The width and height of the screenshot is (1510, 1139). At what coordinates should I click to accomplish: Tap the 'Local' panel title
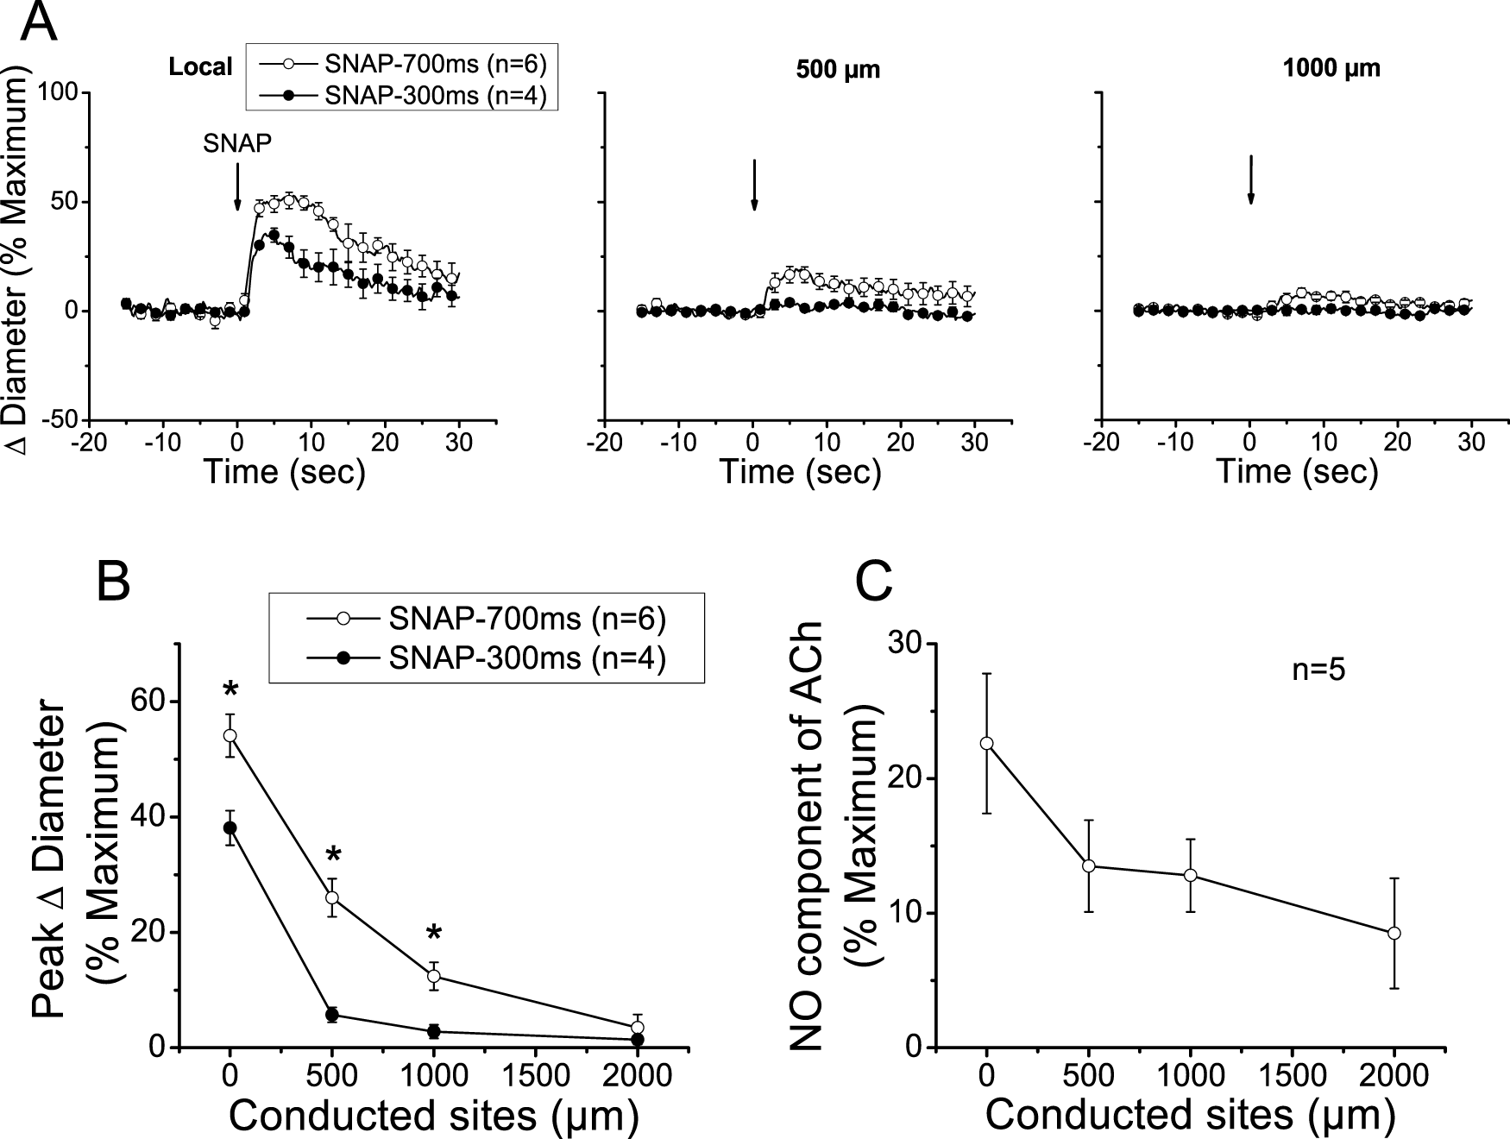click(x=201, y=67)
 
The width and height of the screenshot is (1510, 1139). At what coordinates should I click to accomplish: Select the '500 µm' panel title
click(x=837, y=70)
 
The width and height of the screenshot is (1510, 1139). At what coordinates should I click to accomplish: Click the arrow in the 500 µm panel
click(x=754, y=185)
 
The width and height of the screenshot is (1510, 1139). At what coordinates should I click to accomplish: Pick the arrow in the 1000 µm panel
click(x=1250, y=180)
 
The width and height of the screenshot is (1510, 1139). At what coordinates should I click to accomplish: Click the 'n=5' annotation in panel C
click(x=1318, y=670)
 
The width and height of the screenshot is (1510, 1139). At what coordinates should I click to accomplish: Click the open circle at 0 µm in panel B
click(x=230, y=735)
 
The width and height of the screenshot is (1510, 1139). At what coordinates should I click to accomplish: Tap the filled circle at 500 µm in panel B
click(x=332, y=1015)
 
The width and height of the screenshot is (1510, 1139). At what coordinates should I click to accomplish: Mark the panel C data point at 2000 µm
click(x=1394, y=933)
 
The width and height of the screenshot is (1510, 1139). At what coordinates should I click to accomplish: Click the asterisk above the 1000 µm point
click(x=434, y=934)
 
